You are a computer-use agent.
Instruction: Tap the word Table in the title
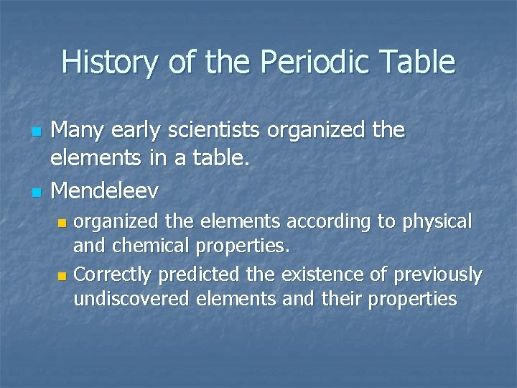click(419, 63)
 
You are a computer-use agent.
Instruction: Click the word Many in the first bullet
click(80, 131)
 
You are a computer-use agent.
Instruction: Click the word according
click(335, 222)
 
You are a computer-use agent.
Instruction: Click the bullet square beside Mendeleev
click(37, 192)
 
